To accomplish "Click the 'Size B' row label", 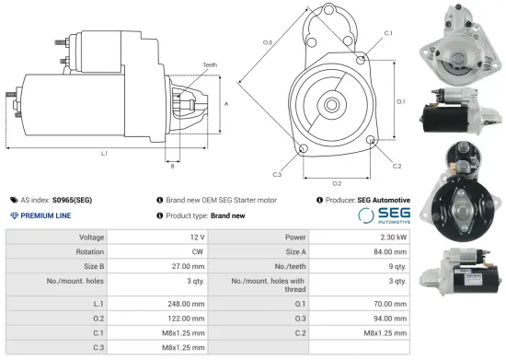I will (x=88, y=266).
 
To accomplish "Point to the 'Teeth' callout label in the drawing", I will (x=210, y=64).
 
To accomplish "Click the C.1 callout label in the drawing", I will (x=387, y=33).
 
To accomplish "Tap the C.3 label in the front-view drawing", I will (x=277, y=173).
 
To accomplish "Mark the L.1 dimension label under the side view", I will (x=104, y=153).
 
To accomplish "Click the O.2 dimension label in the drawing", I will (x=337, y=183).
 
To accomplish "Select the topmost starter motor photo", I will (x=456, y=41).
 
